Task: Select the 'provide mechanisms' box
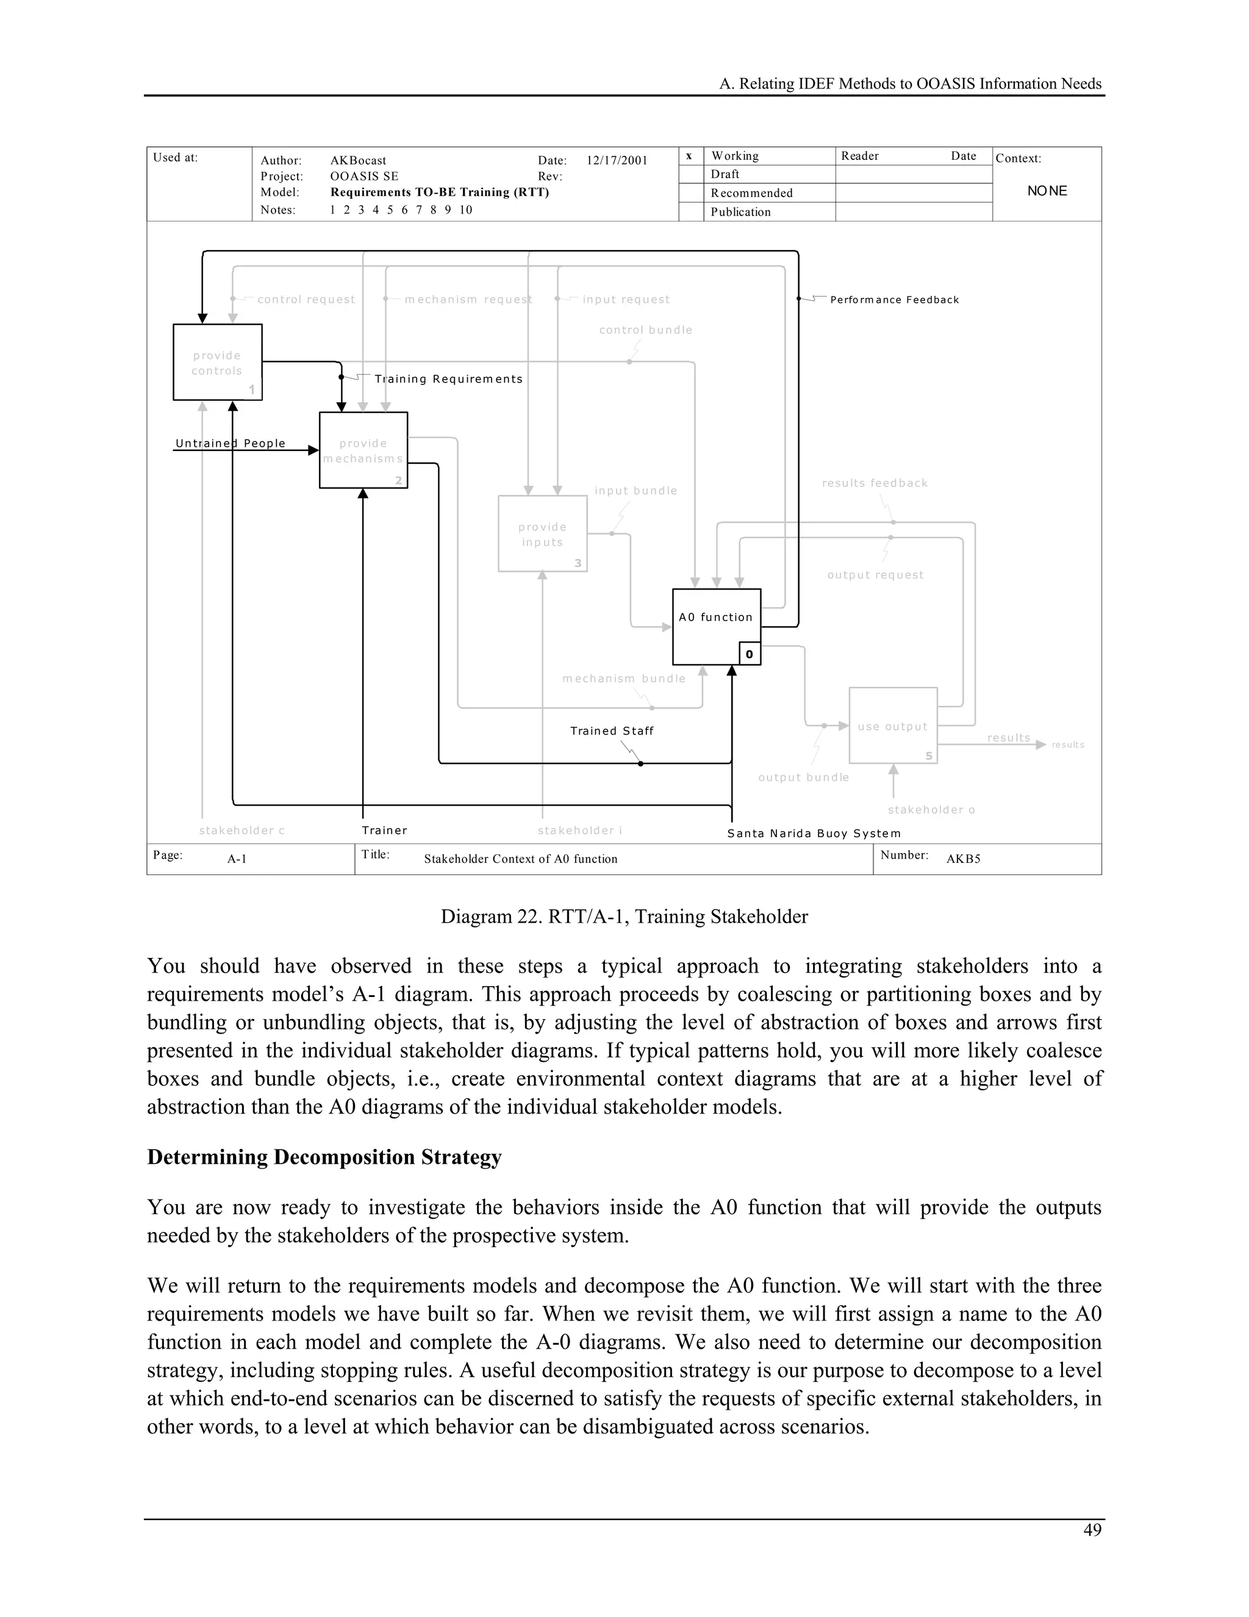[363, 450]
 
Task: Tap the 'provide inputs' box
[542, 534]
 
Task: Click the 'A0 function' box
[715, 627]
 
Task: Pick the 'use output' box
[892, 726]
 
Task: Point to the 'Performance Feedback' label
[894, 300]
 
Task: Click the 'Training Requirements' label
[448, 379]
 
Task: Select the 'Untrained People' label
[230, 443]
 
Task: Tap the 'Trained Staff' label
[611, 731]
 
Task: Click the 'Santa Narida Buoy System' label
[814, 833]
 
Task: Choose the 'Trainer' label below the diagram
[384, 830]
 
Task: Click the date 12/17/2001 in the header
[617, 160]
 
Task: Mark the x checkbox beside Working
[689, 156]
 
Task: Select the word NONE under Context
[1047, 191]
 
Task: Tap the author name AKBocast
[358, 160]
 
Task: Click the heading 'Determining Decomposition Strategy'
[324, 1156]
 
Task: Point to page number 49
[1092, 1530]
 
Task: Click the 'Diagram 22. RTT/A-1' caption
[624, 917]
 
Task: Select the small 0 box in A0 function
[749, 654]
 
